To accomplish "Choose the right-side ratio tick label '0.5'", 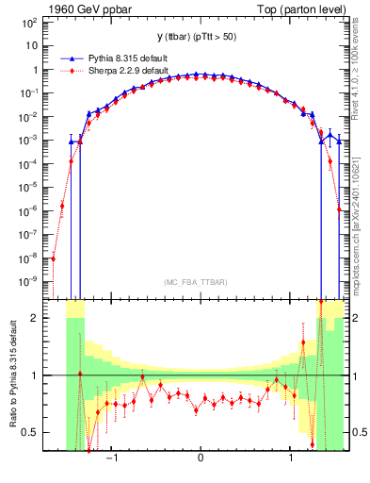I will pos(359,432).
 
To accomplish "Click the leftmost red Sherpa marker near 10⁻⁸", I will pos(54,258).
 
